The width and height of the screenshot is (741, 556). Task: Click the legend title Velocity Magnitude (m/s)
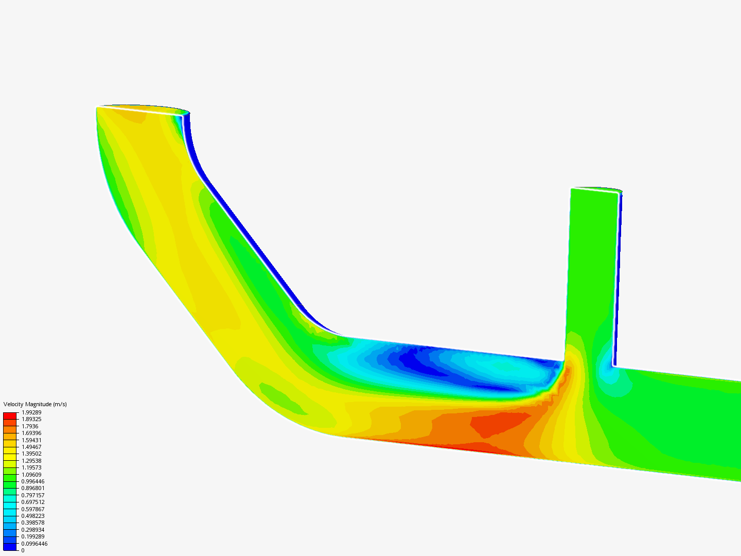35,404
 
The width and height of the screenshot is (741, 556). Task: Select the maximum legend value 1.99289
31,412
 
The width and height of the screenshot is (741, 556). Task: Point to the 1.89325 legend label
31,419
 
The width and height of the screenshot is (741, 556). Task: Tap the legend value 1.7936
30,426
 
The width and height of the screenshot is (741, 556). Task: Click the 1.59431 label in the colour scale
31,440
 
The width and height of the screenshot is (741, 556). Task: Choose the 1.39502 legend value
31,454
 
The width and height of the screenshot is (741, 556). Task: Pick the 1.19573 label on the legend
31,467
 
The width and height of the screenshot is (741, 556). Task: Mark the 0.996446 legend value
33,481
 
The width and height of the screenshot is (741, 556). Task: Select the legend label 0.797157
33,495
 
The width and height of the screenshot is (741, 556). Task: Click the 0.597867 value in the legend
33,509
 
